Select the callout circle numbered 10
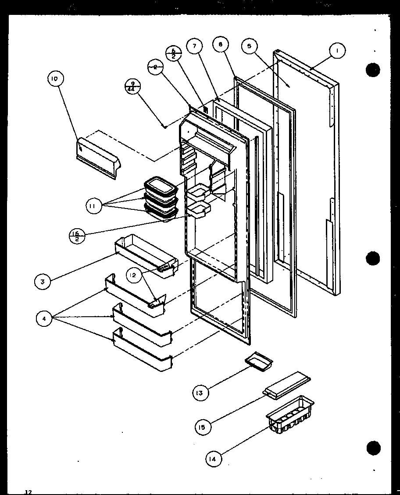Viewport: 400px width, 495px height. point(55,79)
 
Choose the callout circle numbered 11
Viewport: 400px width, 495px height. point(94,206)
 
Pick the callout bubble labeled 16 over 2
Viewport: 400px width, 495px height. point(77,236)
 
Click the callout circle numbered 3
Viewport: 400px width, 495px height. point(43,282)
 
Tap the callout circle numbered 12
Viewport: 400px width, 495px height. point(134,275)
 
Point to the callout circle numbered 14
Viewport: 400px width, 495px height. point(213,459)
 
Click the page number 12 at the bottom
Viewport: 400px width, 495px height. point(28,491)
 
